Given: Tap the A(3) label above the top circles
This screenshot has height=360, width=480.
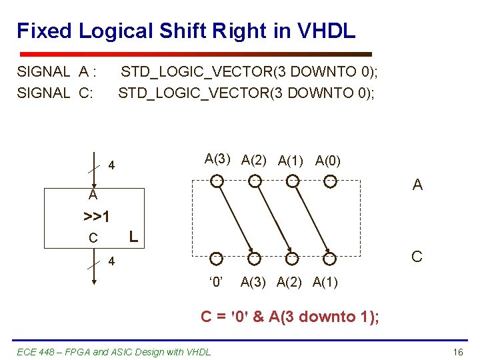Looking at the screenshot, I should [x=218, y=159].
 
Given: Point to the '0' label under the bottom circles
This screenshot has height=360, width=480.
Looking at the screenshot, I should [x=215, y=282].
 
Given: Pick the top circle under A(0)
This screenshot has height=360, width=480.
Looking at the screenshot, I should [x=329, y=180].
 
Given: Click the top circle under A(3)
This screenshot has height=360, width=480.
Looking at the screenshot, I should [x=217, y=180].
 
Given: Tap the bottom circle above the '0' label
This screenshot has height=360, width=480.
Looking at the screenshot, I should [x=217, y=258].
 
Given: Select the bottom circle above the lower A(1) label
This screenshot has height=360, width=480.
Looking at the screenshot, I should [x=329, y=258].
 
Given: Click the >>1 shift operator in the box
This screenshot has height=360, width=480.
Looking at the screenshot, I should [x=97, y=217].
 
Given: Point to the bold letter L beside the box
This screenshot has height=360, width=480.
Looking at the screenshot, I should [x=133, y=236].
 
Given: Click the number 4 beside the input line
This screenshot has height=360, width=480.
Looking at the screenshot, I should [x=112, y=165].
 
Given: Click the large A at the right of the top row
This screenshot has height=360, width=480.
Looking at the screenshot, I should [x=417, y=185].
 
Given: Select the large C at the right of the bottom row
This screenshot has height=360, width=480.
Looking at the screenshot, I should [x=417, y=257].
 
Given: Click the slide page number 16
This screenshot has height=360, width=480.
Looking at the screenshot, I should [x=457, y=351].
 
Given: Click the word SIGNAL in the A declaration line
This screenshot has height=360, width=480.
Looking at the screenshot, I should [x=43, y=71].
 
